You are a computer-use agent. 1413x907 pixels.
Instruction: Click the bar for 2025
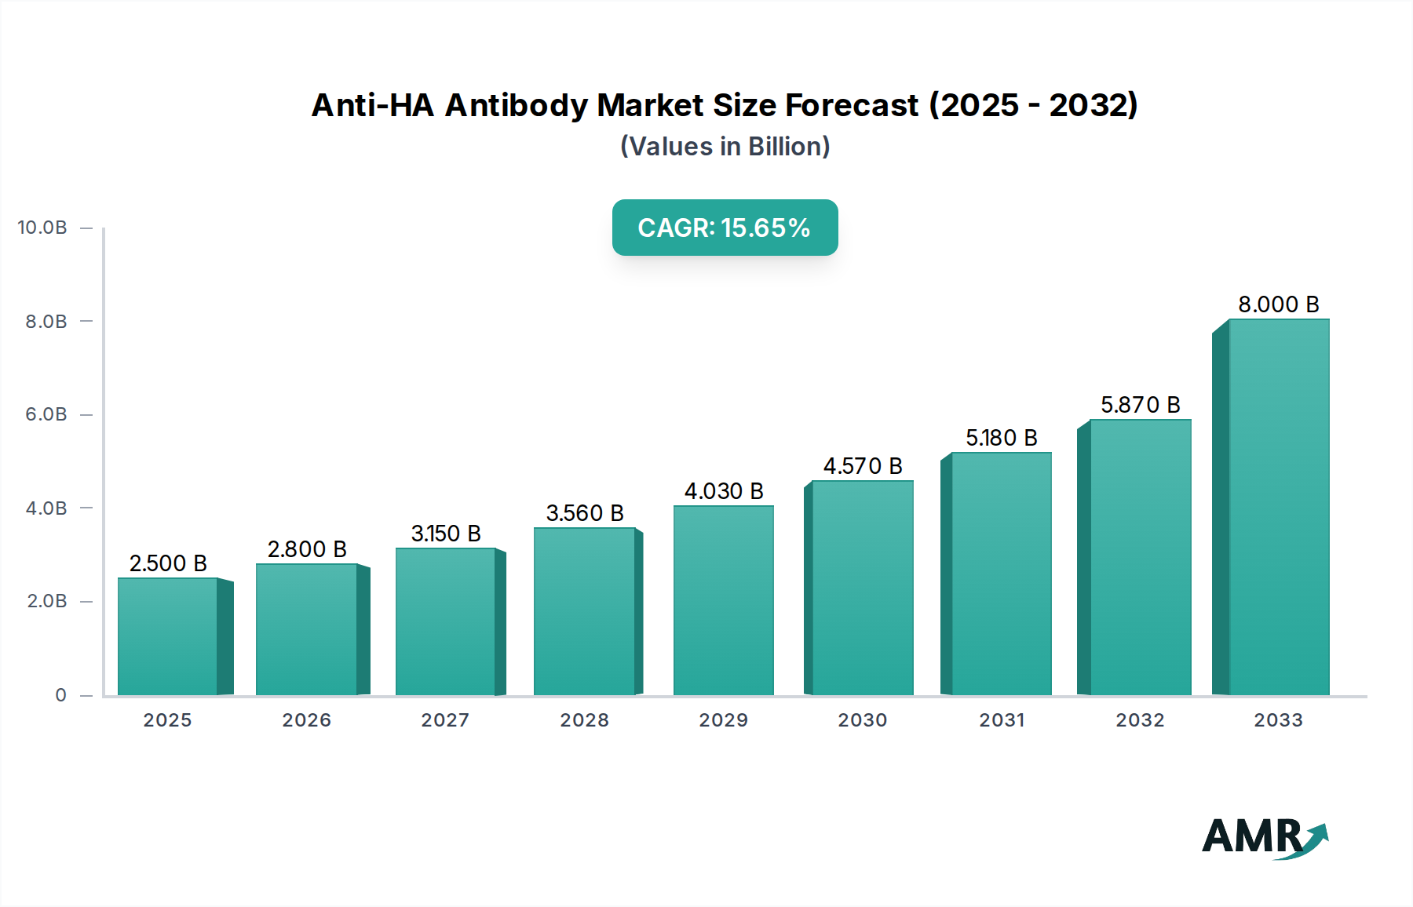(167, 636)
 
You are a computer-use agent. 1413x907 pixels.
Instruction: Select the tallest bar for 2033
(1279, 507)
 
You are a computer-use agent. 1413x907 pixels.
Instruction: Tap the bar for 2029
(723, 600)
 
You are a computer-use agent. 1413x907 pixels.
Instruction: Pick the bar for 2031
(1001, 574)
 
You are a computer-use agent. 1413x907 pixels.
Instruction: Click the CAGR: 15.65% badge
(725, 228)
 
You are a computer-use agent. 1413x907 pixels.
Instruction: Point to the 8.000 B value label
(1278, 304)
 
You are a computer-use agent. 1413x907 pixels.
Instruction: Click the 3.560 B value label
(585, 513)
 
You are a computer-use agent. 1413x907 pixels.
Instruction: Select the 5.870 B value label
(1140, 405)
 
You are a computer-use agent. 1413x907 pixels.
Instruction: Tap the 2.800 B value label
(307, 549)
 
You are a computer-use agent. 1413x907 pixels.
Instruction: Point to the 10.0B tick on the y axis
(42, 228)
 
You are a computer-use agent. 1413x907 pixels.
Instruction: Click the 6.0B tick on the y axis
(46, 414)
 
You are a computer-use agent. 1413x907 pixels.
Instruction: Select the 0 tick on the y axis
(60, 695)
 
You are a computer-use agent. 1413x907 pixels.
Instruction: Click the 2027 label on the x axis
(445, 720)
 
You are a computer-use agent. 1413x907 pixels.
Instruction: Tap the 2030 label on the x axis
(862, 720)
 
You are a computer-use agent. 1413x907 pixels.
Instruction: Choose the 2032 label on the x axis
(1140, 720)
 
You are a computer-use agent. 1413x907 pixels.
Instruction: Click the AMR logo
(1264, 837)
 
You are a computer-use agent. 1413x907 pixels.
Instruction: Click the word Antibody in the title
(516, 105)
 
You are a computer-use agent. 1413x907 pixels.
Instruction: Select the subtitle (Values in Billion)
(725, 147)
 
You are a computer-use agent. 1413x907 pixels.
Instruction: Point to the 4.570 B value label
(862, 466)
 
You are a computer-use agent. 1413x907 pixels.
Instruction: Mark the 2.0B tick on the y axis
(46, 601)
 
